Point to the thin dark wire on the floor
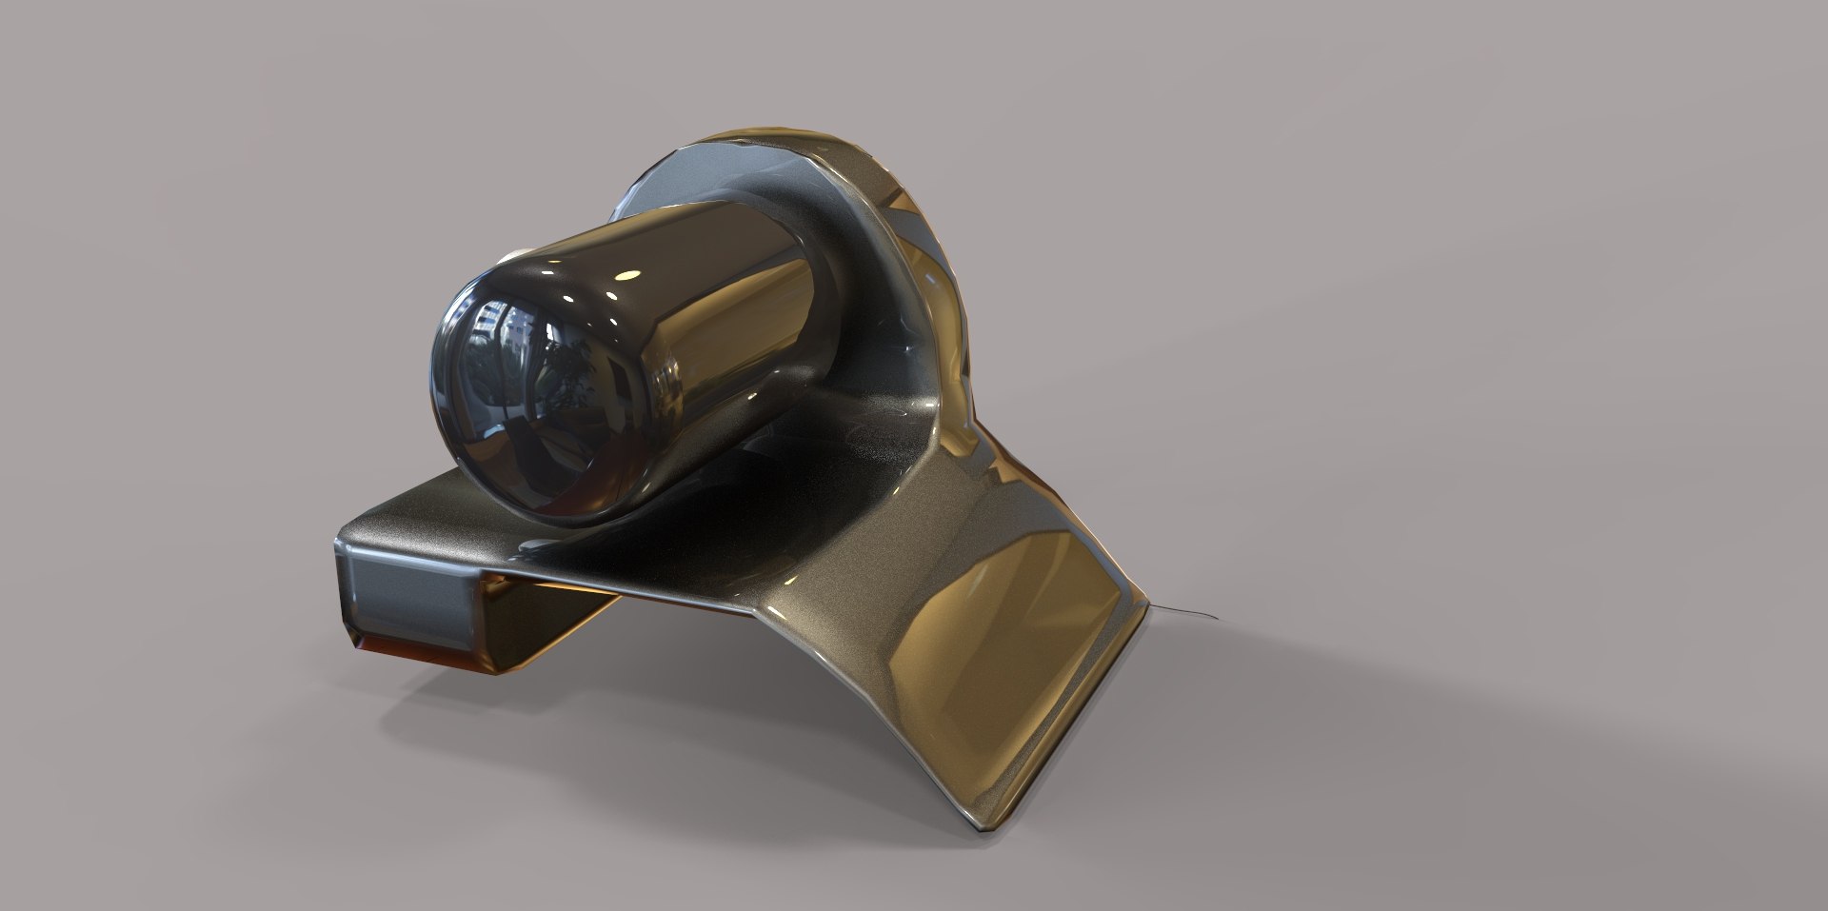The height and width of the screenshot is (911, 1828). [x=1185, y=612]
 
